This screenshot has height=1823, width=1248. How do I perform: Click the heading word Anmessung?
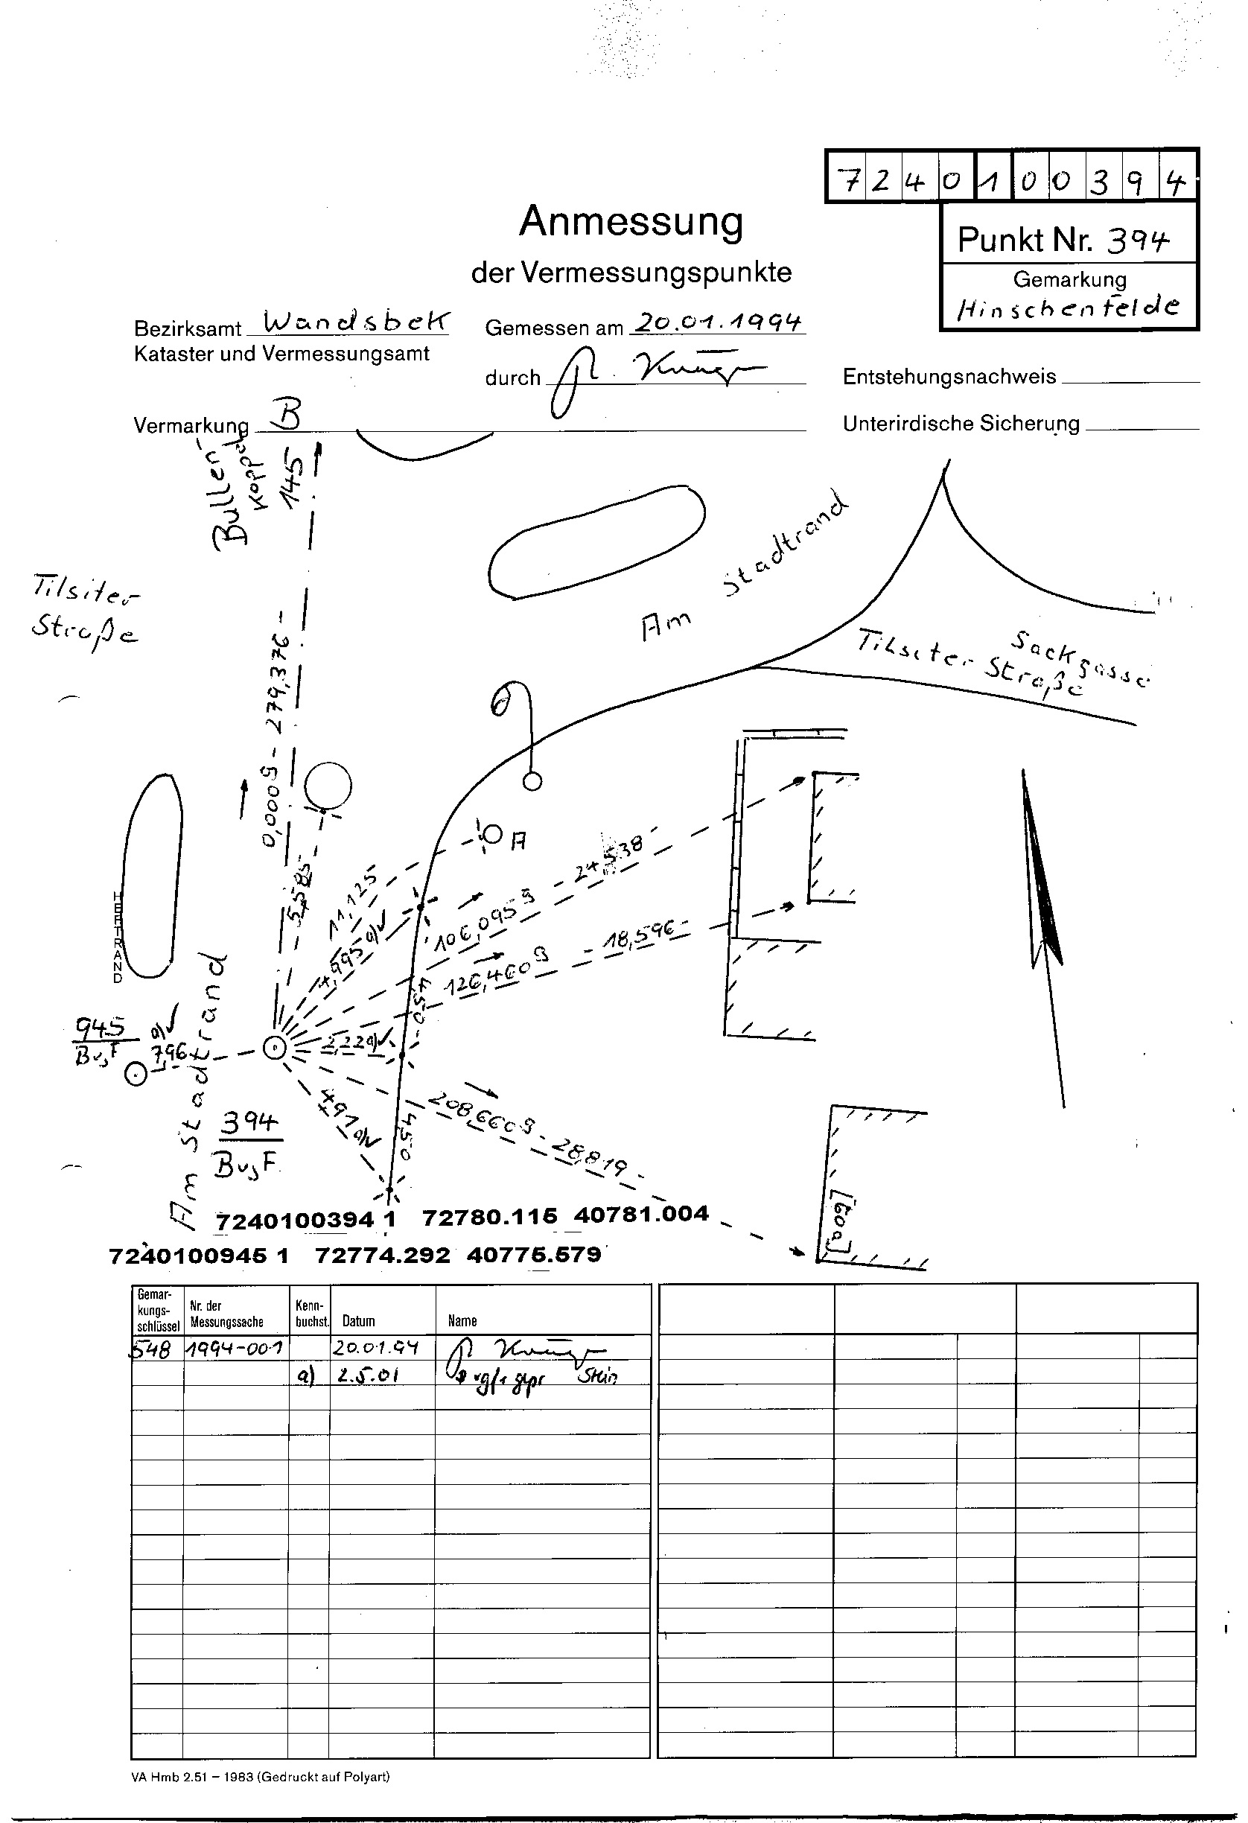tap(631, 222)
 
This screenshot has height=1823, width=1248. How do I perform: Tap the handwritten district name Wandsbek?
tap(356, 320)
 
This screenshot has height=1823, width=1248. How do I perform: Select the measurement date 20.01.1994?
tap(719, 322)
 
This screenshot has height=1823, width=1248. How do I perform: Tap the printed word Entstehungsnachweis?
tap(949, 378)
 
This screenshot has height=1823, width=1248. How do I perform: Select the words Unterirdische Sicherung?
tap(961, 424)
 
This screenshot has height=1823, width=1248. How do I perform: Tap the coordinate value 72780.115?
tap(489, 1217)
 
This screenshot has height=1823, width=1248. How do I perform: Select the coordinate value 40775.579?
tap(533, 1254)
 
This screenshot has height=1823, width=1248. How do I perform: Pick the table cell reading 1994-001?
tap(236, 1348)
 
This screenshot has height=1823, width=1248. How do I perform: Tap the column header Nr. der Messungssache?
tap(226, 1313)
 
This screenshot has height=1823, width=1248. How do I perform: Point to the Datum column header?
tap(358, 1321)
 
